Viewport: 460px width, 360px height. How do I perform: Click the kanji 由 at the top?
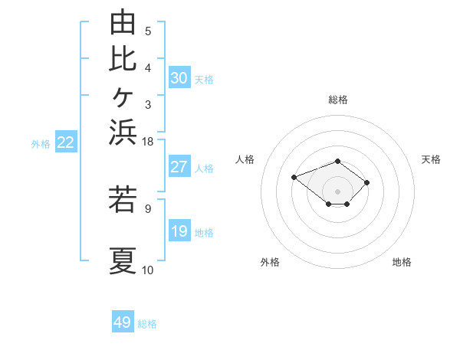(x=123, y=21)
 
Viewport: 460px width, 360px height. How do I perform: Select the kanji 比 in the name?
(x=123, y=60)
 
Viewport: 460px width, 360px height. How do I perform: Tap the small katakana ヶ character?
(x=123, y=97)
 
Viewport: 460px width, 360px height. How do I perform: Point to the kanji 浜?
(x=123, y=133)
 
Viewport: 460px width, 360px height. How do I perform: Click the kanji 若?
(x=123, y=199)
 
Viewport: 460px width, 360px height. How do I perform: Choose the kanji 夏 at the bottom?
(x=123, y=260)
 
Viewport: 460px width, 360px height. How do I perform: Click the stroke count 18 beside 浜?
(x=147, y=142)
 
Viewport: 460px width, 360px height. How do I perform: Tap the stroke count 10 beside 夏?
(x=147, y=270)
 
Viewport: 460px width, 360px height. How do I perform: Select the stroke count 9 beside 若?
(x=148, y=209)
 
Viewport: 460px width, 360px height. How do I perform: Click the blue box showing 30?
(x=179, y=77)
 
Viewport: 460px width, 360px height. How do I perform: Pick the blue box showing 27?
(x=179, y=166)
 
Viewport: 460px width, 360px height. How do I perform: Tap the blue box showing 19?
(x=179, y=230)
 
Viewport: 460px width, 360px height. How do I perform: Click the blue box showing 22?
(x=66, y=141)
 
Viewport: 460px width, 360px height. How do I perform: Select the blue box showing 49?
(x=123, y=321)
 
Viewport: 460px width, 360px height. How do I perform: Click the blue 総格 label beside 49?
(x=147, y=324)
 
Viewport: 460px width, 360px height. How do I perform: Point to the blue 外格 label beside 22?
(x=41, y=144)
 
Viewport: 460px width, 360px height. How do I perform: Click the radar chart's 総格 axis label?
(x=338, y=100)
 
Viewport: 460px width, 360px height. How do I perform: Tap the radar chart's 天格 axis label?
(x=431, y=159)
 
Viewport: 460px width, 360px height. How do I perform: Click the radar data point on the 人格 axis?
(x=294, y=178)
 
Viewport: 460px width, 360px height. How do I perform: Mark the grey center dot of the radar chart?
(x=337, y=191)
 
